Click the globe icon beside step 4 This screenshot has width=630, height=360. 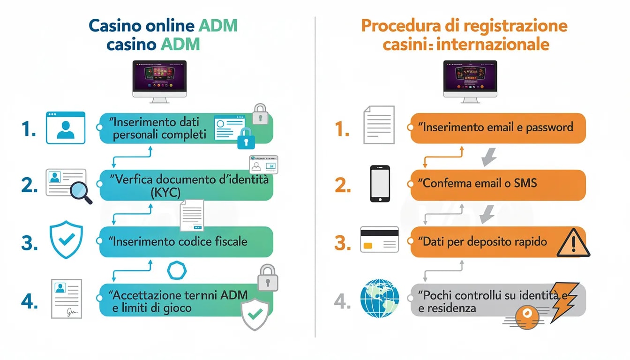click(x=380, y=298)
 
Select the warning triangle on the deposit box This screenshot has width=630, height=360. click(x=573, y=243)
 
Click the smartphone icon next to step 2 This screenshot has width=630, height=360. click(x=380, y=183)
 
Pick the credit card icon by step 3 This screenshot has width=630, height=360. click(x=379, y=240)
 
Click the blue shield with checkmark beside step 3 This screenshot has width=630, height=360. click(x=66, y=241)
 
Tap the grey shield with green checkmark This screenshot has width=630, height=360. click(x=255, y=314)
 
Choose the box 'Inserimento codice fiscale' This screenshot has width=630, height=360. click(x=186, y=242)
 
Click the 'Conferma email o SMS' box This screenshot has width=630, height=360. click(x=498, y=183)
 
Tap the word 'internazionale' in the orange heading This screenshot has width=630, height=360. click(x=505, y=45)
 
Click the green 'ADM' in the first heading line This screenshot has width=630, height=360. click(x=217, y=26)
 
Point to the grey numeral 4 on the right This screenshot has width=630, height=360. click(x=342, y=301)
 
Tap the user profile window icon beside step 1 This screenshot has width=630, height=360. click(x=66, y=127)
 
